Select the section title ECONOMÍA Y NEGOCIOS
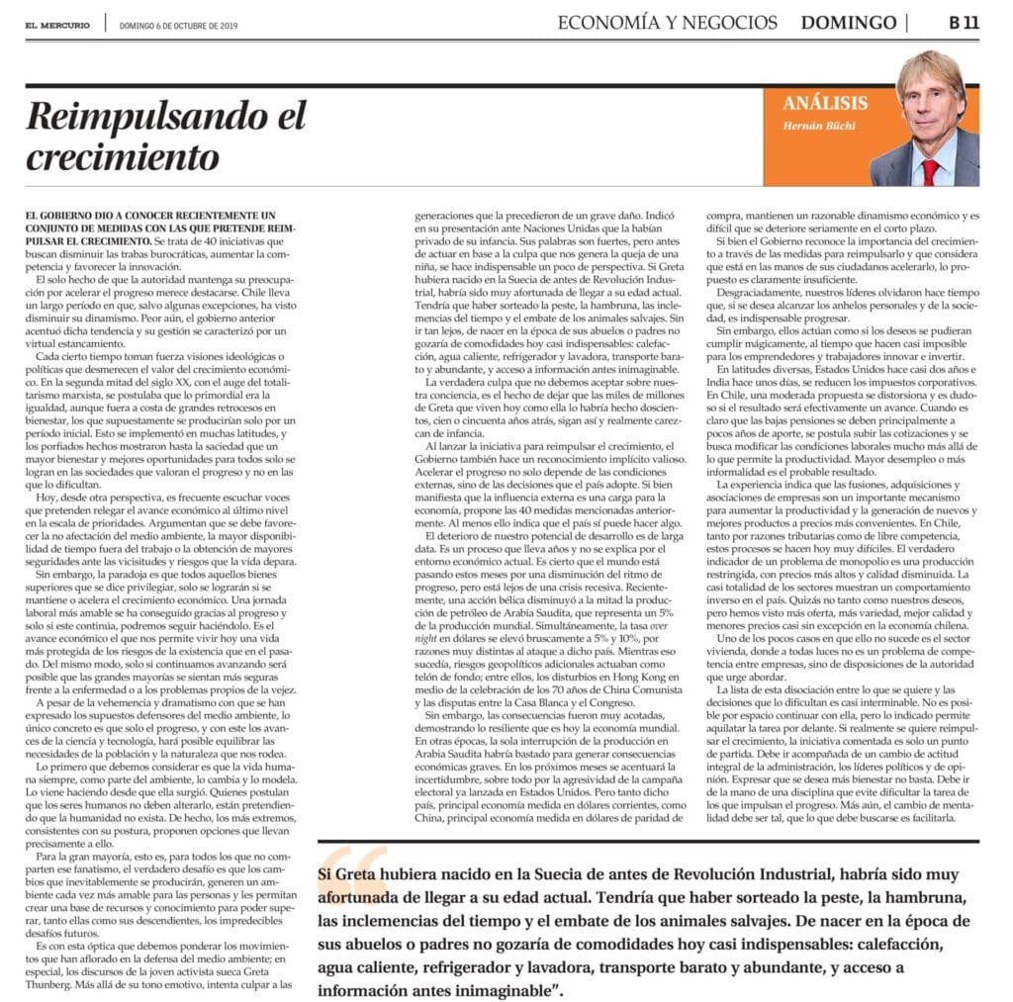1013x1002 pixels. click(668, 23)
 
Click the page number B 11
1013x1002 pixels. click(963, 23)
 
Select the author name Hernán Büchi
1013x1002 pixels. click(822, 125)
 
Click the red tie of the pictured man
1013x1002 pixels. click(930, 172)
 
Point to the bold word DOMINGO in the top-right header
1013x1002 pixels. click(848, 23)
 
